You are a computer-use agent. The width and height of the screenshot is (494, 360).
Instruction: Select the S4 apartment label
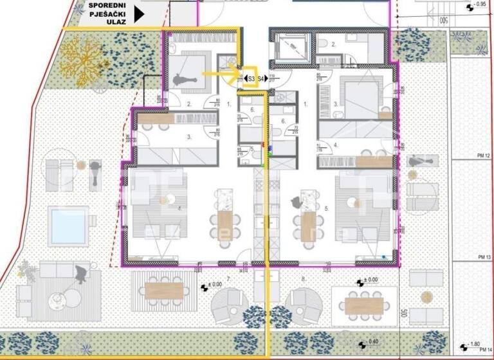262,78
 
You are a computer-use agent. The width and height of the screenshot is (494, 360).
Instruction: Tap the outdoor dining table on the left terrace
160,287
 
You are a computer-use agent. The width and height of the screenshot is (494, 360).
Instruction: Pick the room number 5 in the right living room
327,209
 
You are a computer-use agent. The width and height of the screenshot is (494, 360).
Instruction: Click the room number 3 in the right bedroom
336,103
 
